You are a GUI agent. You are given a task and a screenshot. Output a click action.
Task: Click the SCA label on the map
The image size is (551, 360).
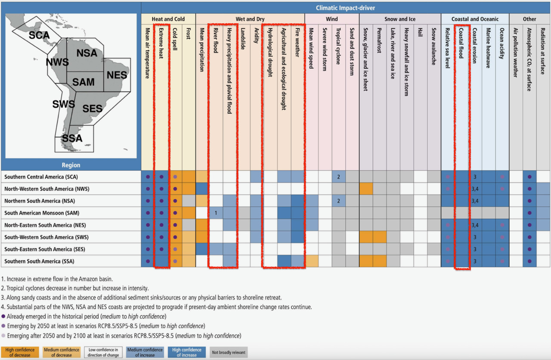[39, 35]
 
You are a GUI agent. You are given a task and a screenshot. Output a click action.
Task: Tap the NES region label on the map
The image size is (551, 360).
[117, 75]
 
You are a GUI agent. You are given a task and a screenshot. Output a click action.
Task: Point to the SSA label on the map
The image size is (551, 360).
[72, 138]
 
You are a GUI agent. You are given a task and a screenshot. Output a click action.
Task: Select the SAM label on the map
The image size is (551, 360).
[83, 82]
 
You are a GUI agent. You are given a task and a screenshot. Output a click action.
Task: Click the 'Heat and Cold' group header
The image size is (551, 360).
[168, 19]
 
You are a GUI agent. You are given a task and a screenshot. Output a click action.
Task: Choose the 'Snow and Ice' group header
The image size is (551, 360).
[400, 19]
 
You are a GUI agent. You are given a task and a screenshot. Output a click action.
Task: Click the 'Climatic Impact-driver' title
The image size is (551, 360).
[346, 8]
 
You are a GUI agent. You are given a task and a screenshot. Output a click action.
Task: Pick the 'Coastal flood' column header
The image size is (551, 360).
[461, 47]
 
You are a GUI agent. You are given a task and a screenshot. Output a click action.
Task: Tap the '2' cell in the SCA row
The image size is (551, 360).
[339, 177]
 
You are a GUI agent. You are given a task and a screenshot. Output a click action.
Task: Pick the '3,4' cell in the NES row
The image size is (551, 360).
[475, 225]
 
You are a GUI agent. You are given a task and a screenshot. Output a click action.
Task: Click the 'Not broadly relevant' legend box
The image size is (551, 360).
[229, 352]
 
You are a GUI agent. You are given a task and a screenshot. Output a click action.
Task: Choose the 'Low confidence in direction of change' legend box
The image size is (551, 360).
[103, 352]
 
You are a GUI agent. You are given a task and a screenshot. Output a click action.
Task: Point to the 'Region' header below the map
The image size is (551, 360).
[71, 165]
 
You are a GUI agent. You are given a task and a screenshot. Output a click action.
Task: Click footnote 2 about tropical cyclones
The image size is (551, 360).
[77, 288]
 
